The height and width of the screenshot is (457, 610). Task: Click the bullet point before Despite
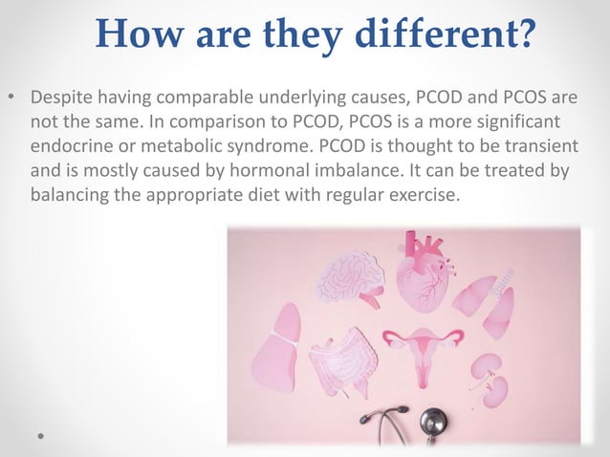[x=12, y=99]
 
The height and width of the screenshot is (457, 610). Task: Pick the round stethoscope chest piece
[x=434, y=421]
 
